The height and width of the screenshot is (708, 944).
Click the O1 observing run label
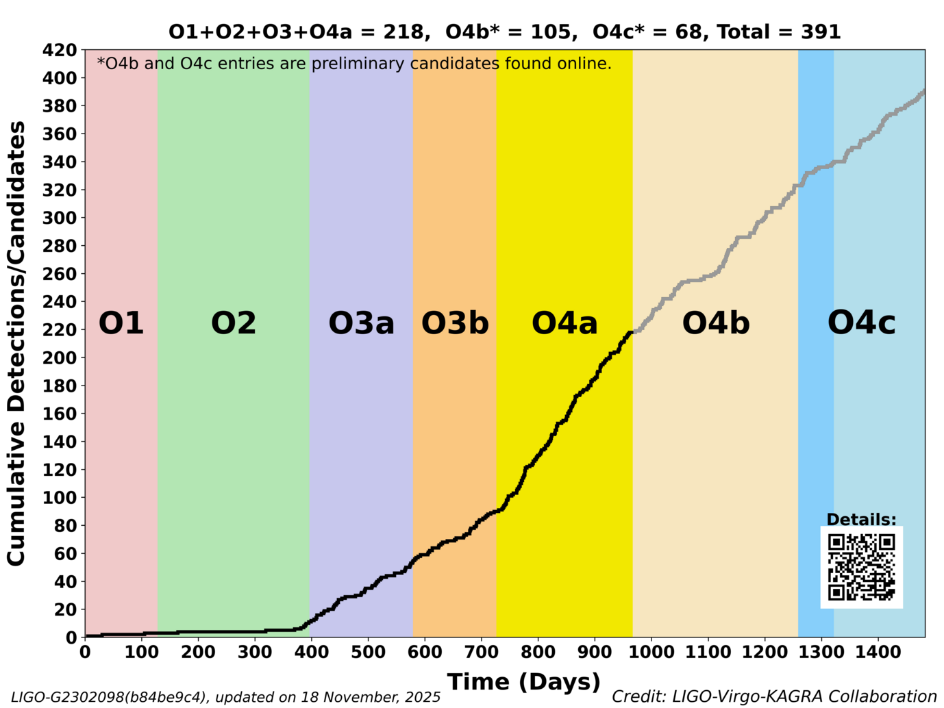tap(121, 323)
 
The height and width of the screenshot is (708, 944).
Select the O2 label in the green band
tap(234, 323)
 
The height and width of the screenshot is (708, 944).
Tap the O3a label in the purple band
tap(361, 323)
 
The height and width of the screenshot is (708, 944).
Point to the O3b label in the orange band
tap(455, 323)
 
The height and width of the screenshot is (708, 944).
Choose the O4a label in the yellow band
tap(564, 323)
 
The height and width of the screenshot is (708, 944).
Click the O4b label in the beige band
tap(716, 323)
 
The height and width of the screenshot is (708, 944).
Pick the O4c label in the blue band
tap(861, 323)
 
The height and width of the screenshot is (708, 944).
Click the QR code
tap(861, 567)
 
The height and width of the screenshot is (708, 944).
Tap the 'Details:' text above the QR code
tap(861, 520)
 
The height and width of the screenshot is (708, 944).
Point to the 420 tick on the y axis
tap(60, 50)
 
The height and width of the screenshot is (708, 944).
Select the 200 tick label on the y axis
tap(60, 357)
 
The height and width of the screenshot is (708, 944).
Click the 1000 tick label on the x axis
tap(651, 652)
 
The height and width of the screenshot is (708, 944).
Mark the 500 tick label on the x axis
tap(368, 652)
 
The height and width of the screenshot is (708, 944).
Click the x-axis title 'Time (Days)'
tap(524, 682)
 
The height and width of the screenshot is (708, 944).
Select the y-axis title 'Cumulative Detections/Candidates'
tap(16, 343)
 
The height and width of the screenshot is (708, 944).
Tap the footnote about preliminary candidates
tap(354, 64)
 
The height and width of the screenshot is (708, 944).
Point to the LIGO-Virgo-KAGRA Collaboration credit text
tap(774, 696)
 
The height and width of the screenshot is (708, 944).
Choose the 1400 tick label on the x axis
tap(878, 652)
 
